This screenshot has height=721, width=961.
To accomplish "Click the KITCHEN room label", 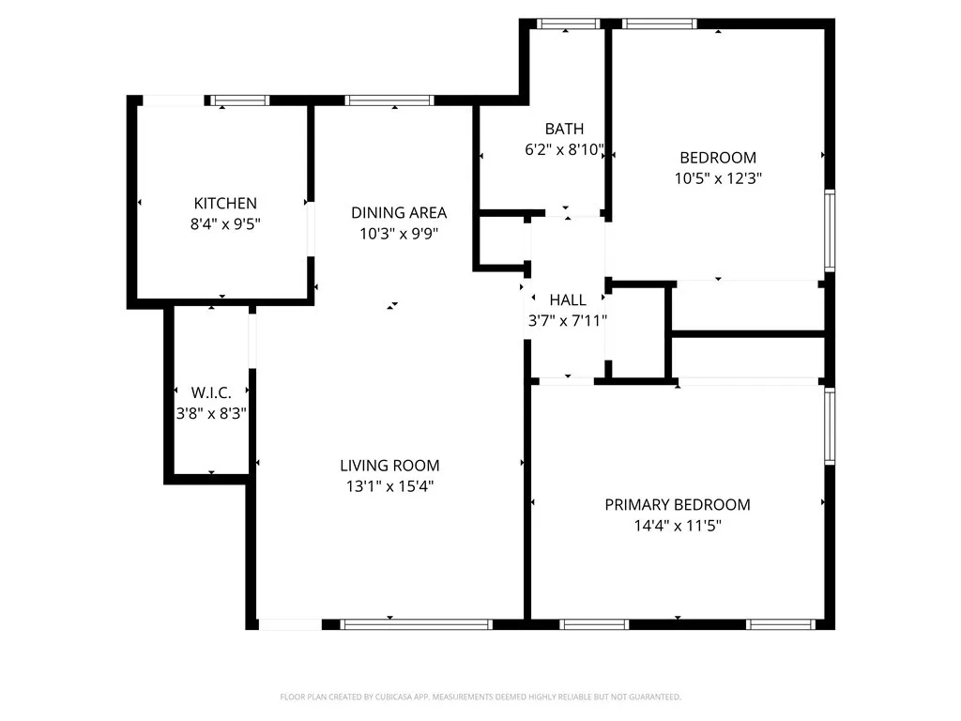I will [x=225, y=203].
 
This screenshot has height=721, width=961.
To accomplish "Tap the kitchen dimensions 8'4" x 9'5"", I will [x=225, y=223].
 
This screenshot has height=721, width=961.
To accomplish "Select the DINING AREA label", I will [x=399, y=212].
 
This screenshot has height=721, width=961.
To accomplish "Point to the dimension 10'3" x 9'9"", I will [x=399, y=233].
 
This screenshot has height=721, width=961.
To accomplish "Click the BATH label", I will [x=564, y=129].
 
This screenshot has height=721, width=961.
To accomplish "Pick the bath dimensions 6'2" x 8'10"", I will [x=564, y=149].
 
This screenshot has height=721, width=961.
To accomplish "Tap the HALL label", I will [x=568, y=299].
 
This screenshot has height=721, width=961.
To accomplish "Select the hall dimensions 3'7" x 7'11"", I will [x=568, y=320].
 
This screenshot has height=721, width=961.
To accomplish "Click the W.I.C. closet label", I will [x=211, y=392].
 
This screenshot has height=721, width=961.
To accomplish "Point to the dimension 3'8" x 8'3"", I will [x=211, y=413].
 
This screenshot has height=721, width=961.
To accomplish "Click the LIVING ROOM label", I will [x=389, y=465].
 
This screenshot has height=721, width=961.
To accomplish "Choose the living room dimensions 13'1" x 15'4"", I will [x=389, y=485].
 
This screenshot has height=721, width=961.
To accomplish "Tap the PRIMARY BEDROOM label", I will [x=678, y=504].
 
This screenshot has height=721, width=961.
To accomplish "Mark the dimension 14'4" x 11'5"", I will [x=678, y=525].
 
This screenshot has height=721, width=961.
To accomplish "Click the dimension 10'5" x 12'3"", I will [x=718, y=178].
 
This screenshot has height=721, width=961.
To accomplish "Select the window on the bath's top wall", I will [x=568, y=24].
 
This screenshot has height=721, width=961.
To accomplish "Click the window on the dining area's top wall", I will [x=389, y=100].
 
